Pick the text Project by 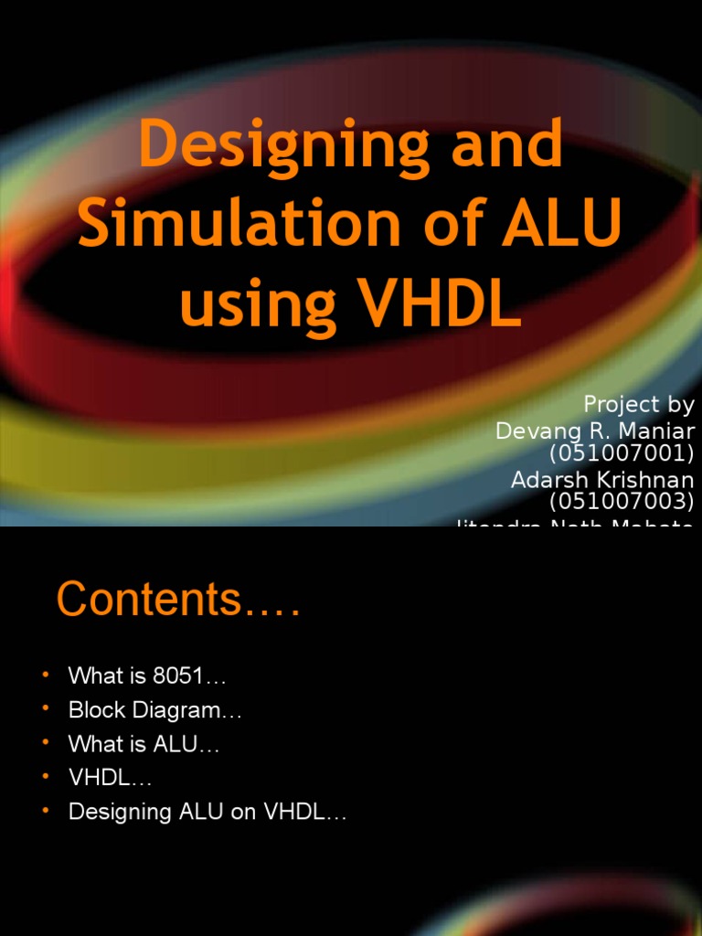coord(639,404)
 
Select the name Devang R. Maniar coord(595,430)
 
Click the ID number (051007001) coord(622,454)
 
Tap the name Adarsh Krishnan coord(602,479)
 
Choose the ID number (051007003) coord(622,501)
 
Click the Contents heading coord(178,601)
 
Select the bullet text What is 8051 coord(147,676)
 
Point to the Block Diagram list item coord(155,710)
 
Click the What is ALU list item coord(144,744)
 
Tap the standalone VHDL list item coord(110,778)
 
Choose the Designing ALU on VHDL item coord(207,812)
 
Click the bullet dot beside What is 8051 coord(45,675)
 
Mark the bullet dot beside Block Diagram coord(45,709)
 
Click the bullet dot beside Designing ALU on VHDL coord(45,811)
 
